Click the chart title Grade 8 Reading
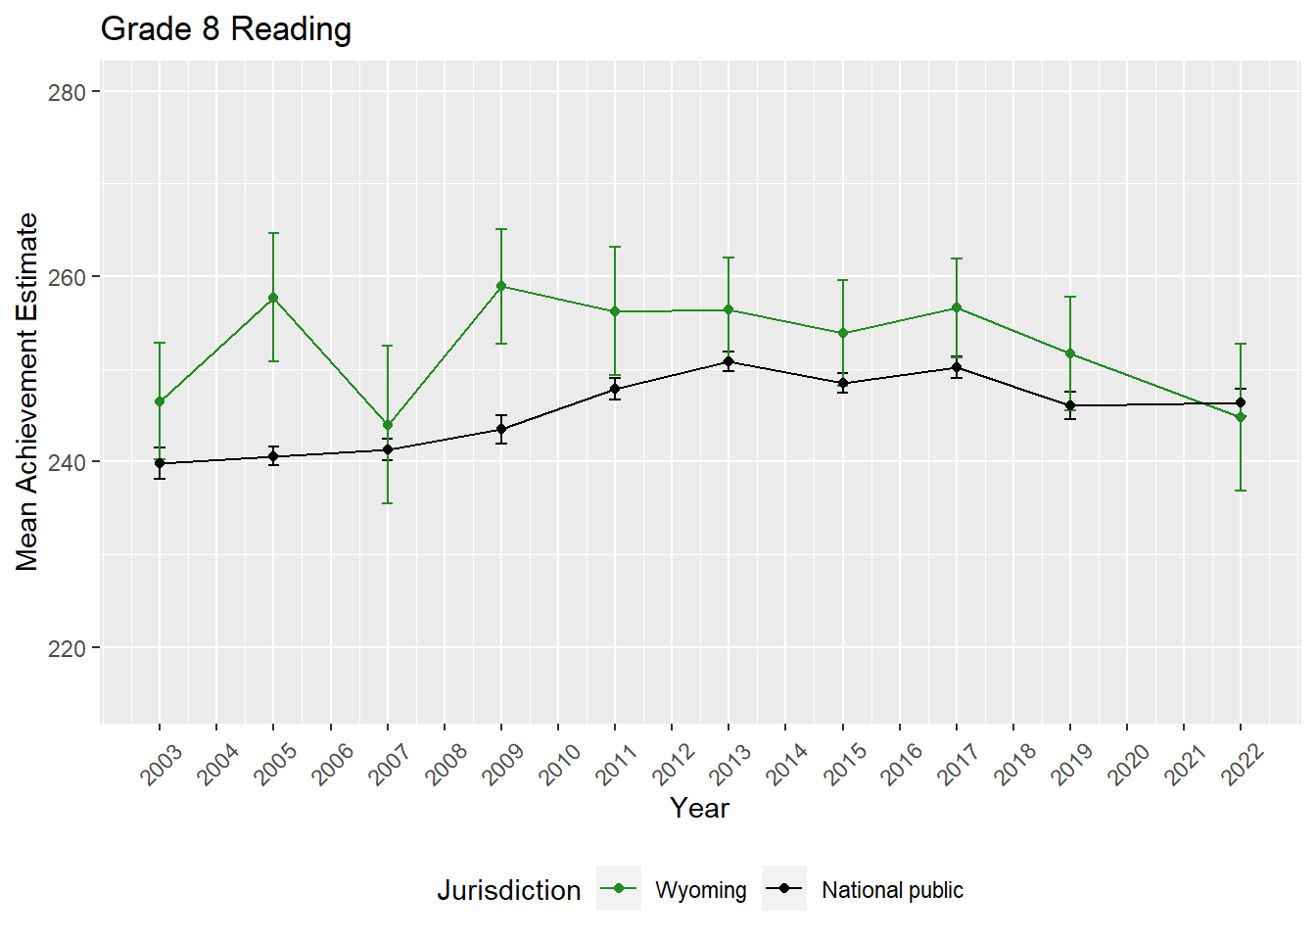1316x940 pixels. (226, 29)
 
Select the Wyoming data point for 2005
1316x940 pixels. (273, 298)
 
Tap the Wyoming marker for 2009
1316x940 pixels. (501, 286)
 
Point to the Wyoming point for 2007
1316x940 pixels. (388, 425)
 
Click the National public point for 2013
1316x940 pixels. (728, 362)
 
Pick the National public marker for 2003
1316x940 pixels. (160, 463)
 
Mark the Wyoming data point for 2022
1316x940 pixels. (1241, 417)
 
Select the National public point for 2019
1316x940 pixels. (1070, 405)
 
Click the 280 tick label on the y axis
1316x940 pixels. (67, 92)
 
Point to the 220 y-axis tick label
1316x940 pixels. (67, 648)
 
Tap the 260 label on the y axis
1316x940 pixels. (67, 277)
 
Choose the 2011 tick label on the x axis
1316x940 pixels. (617, 765)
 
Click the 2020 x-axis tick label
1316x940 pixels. (1128, 765)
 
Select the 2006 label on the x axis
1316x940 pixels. (333, 765)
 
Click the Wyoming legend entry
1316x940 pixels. (700, 890)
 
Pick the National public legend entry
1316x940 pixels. (892, 890)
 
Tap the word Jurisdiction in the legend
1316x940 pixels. (508, 890)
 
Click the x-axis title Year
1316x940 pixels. (699, 808)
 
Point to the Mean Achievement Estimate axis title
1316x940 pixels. (27, 392)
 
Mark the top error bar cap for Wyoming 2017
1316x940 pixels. (957, 258)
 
